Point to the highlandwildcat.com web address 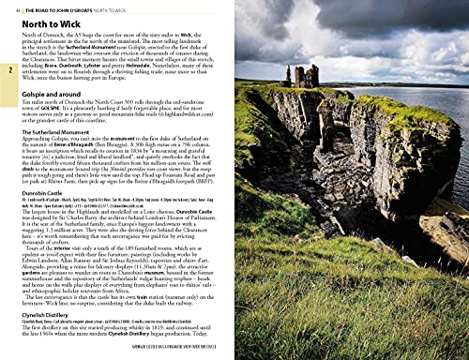pyautogui.click(x=204, y=120)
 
